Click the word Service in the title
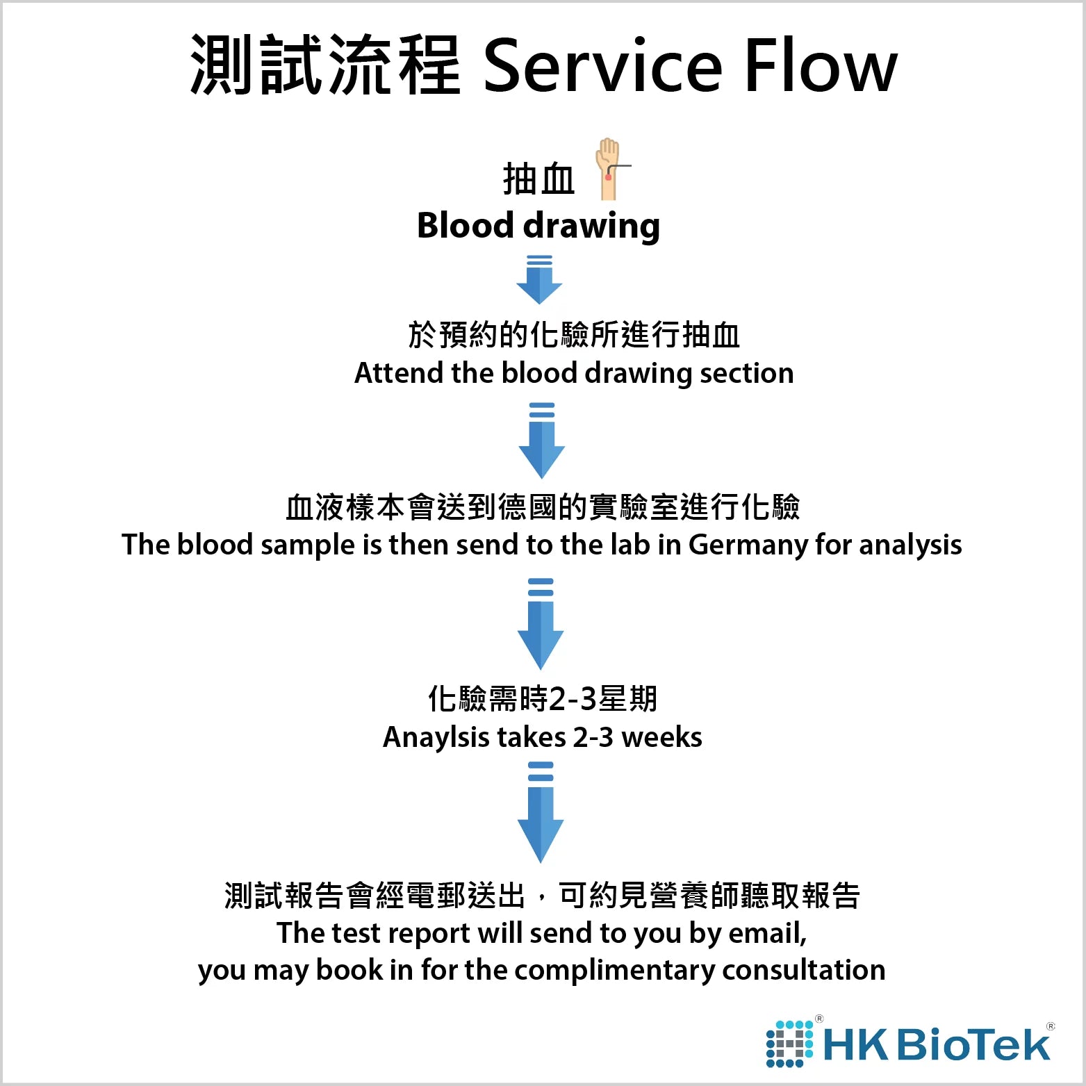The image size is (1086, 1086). pyautogui.click(x=602, y=66)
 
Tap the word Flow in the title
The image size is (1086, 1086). pyautogui.click(x=821, y=66)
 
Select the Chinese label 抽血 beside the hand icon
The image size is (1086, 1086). pyautogui.click(x=538, y=179)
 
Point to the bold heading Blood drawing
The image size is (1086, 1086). pyautogui.click(x=538, y=226)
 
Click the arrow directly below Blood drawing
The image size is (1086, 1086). pyautogui.click(x=539, y=279)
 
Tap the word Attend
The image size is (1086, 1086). pyautogui.click(x=399, y=373)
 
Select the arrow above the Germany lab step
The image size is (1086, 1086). pyautogui.click(x=542, y=440)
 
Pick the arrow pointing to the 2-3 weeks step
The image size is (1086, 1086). pyautogui.click(x=541, y=623)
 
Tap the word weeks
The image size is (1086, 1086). pyautogui.click(x=661, y=737)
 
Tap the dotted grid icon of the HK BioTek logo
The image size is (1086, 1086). pyautogui.click(x=789, y=1044)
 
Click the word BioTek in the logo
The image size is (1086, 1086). pyautogui.click(x=973, y=1044)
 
